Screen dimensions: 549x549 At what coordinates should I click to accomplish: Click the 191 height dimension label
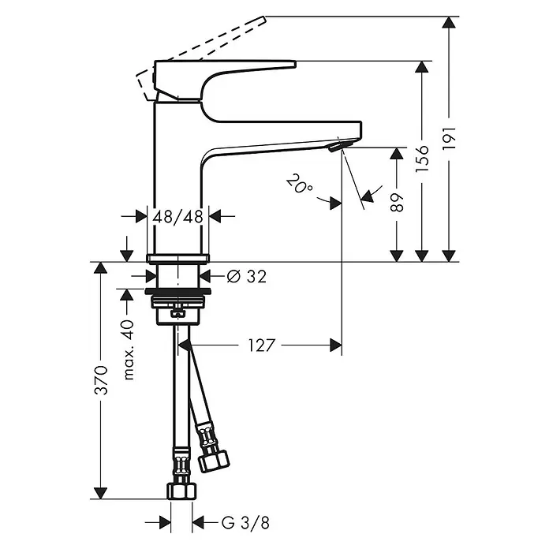[x=449, y=139]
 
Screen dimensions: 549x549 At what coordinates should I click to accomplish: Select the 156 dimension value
[x=422, y=159]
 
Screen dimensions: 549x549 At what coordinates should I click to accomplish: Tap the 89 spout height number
[x=397, y=202]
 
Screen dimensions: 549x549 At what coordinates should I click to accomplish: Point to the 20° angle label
[x=300, y=183]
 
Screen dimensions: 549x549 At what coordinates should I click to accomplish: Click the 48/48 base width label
[x=177, y=217]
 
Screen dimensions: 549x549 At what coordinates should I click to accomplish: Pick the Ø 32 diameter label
[x=246, y=277]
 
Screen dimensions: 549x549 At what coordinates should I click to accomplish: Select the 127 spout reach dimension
[x=262, y=345]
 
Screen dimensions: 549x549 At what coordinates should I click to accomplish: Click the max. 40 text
[x=129, y=349]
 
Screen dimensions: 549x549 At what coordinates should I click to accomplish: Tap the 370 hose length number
[x=102, y=380]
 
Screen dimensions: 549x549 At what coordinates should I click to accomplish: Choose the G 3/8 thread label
[x=246, y=524]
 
